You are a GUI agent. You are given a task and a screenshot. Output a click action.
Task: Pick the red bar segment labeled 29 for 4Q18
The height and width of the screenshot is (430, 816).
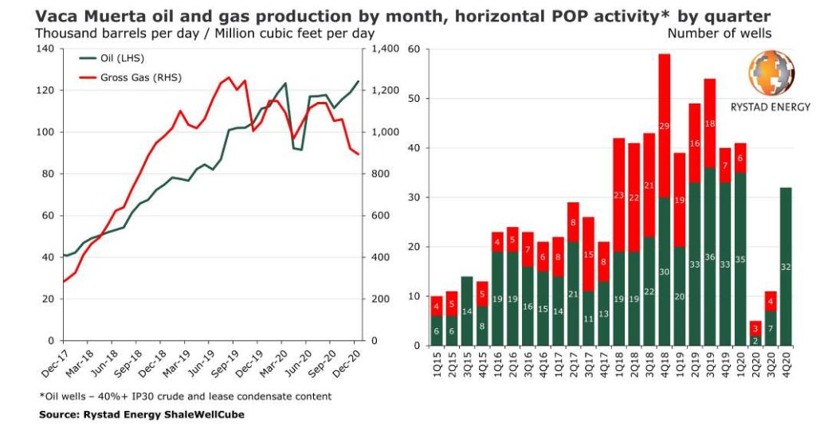pyautogui.click(x=664, y=126)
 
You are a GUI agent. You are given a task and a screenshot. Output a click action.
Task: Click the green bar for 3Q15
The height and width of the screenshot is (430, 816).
pyautogui.click(x=467, y=311)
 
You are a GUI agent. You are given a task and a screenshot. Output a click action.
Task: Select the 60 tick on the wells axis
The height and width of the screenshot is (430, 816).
pyautogui.click(x=413, y=49)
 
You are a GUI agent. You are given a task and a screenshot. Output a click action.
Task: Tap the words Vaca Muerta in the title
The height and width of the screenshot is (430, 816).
pyautogui.click(x=83, y=15)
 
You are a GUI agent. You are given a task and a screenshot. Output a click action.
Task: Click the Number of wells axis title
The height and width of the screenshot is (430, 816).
pyautogui.click(x=719, y=33)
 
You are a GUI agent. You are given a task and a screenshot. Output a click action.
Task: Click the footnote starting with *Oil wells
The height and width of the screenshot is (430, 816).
pyautogui.click(x=185, y=396)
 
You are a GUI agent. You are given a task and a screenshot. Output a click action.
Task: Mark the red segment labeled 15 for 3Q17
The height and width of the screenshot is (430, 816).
pyautogui.click(x=588, y=254)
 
